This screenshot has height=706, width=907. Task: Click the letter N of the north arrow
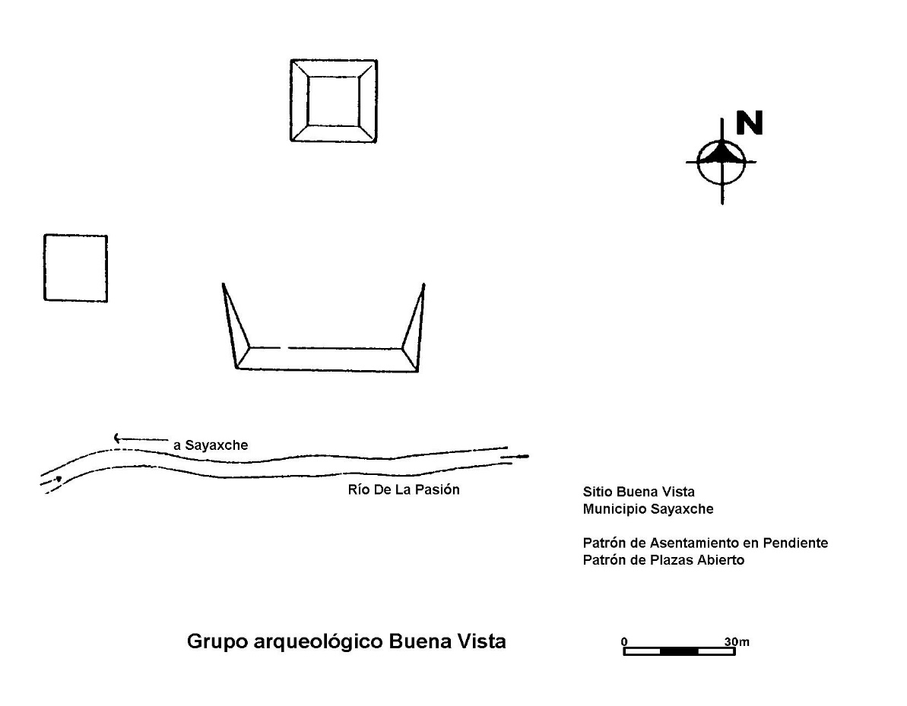tap(750, 122)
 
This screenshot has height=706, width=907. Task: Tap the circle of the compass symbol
tap(698, 163)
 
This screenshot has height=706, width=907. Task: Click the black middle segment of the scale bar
tap(679, 651)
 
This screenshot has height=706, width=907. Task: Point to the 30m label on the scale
tap(737, 641)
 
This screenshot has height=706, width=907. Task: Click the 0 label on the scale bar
tap(624, 641)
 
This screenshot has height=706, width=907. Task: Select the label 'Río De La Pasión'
tap(404, 489)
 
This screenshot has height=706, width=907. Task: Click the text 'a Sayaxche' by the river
tap(211, 445)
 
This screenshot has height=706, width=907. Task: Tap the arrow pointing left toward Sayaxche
tap(141, 438)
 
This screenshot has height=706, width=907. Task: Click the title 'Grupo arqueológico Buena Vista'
tap(347, 641)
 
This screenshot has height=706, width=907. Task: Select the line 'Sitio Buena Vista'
tap(639, 492)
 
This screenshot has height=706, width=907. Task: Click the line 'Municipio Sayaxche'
tap(648, 509)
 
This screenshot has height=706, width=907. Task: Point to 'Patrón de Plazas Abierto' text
tap(664, 560)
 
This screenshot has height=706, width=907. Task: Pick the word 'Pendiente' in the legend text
tap(795, 543)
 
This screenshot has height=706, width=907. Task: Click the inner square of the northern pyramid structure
tap(309, 101)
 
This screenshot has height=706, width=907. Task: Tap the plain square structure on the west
tap(45, 268)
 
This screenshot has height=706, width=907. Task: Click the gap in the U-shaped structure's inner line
tap(284, 348)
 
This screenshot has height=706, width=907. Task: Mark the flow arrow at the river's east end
tap(515, 457)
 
